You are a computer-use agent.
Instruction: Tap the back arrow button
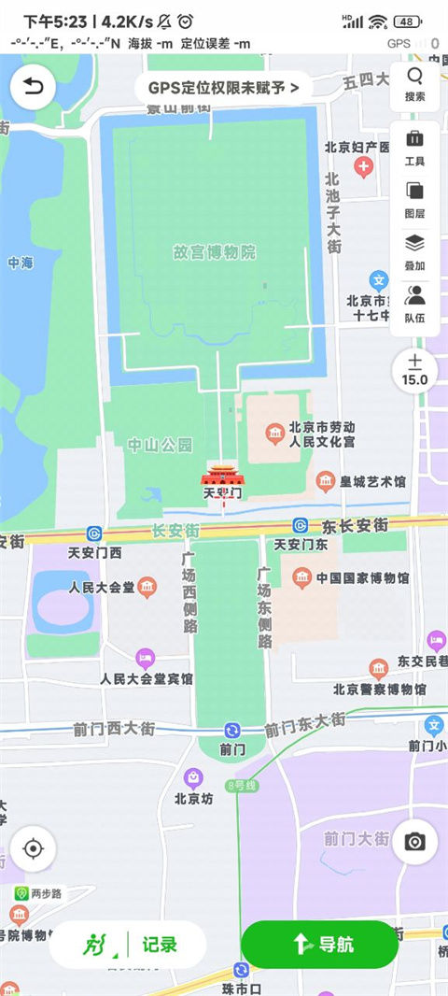point(34,88)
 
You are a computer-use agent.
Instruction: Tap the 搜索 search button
point(415,83)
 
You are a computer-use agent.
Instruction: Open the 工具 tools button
point(415,148)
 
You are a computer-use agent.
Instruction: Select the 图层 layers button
point(415,199)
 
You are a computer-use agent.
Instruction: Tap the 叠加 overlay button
point(415,251)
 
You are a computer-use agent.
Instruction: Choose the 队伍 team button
point(415,304)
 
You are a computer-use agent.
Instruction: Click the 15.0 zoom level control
point(415,370)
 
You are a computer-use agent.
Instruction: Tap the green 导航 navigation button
point(319,944)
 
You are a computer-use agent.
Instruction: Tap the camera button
point(415,842)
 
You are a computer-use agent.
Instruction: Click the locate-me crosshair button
point(34,849)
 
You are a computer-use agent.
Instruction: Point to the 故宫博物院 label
point(215,252)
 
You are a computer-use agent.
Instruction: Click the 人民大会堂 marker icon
point(147,588)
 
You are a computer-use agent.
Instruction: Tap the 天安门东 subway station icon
point(301,526)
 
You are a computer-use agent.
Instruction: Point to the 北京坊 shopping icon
point(192,776)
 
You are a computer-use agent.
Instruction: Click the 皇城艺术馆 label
point(372,482)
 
